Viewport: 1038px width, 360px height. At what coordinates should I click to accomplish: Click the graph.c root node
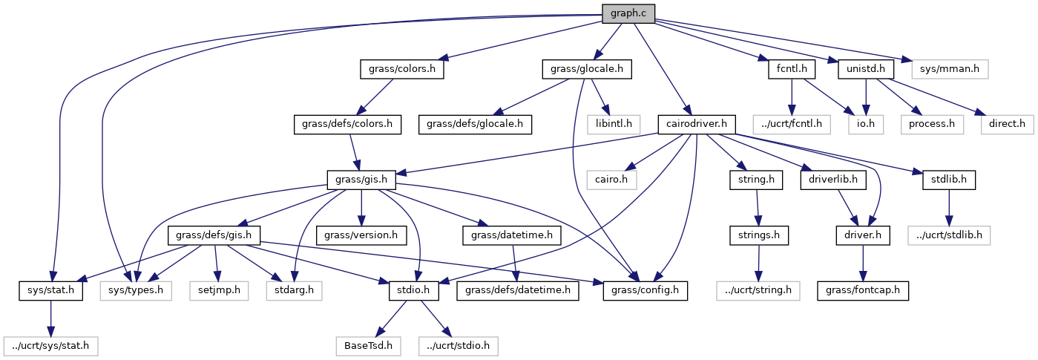(628, 13)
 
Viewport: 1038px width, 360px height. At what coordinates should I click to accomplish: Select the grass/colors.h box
(401, 69)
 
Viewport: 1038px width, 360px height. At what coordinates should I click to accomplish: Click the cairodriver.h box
(697, 123)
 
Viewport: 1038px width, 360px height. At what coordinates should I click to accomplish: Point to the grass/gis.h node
(361, 179)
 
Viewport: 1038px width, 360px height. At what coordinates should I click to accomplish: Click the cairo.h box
(611, 179)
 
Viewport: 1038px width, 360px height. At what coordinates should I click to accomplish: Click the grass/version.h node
(361, 235)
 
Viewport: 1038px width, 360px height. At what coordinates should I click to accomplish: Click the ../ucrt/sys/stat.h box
(50, 345)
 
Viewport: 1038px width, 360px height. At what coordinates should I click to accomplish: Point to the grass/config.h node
(645, 290)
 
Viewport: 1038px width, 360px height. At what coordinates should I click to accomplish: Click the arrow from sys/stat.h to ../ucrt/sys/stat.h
(50, 318)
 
